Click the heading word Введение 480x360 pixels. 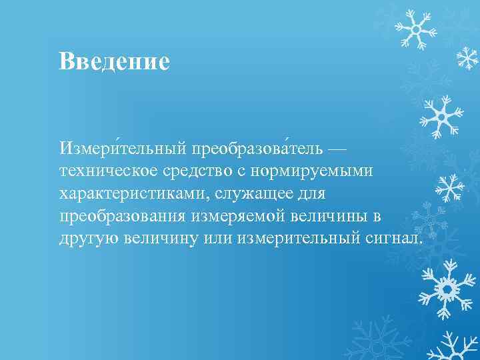point(114,61)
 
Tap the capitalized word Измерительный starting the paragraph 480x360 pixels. point(122,146)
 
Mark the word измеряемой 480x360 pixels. point(233,217)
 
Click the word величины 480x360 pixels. point(329,217)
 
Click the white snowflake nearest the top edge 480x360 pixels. point(415,29)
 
